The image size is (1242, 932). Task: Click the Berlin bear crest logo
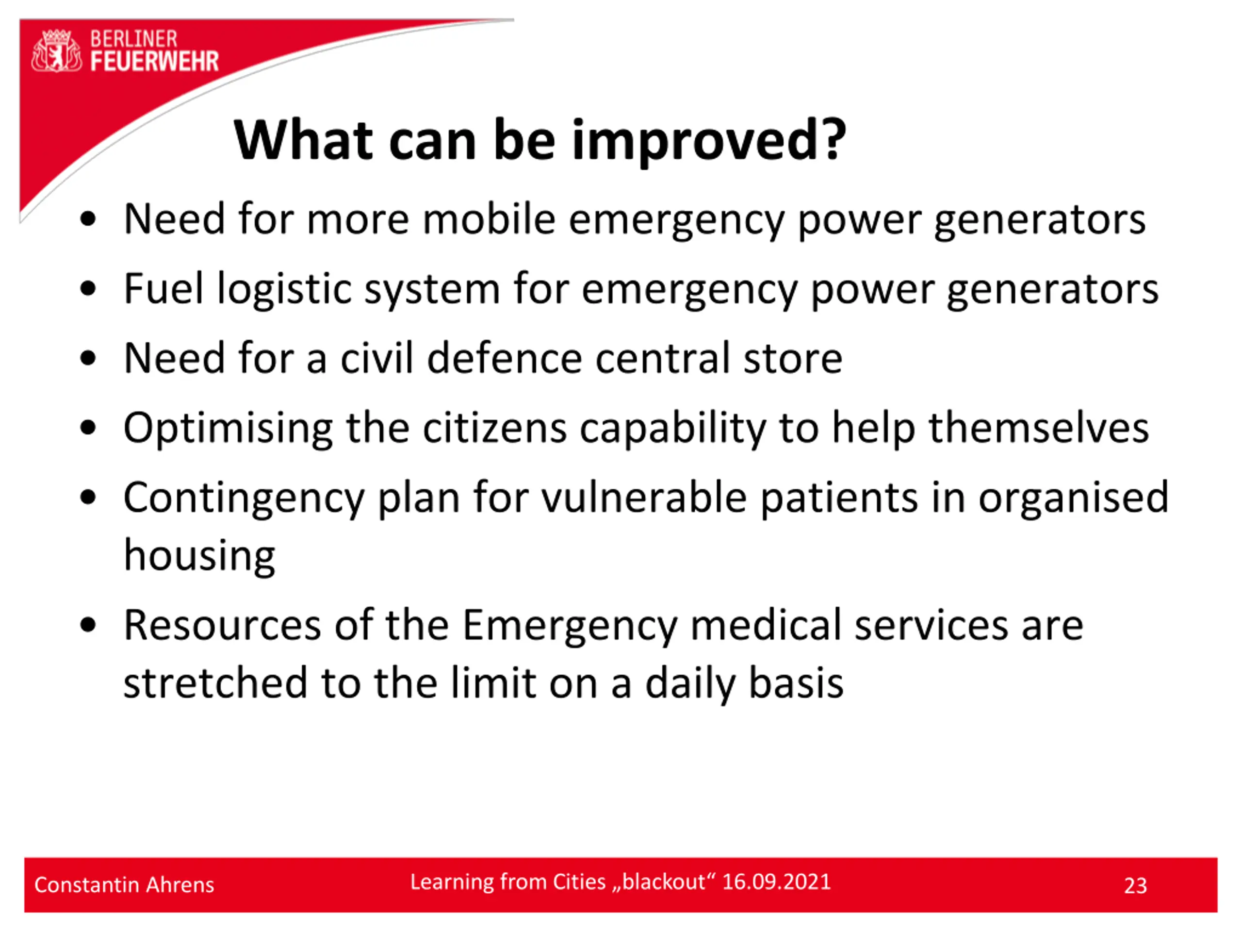pyautogui.click(x=56, y=51)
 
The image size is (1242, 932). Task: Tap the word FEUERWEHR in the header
pyautogui.click(x=154, y=61)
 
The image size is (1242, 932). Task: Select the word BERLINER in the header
pyautogui.click(x=133, y=39)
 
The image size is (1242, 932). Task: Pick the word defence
pyautogui.click(x=504, y=358)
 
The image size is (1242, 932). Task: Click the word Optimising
pyautogui.click(x=228, y=430)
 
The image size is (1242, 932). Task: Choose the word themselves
pyautogui.click(x=1039, y=428)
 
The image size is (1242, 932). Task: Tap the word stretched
pyautogui.click(x=215, y=683)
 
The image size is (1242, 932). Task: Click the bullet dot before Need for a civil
pyautogui.click(x=88, y=358)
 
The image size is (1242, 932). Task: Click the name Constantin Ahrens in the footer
pyautogui.click(x=124, y=885)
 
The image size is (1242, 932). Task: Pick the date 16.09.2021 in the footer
pyautogui.click(x=777, y=882)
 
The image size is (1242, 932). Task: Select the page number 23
pyautogui.click(x=1135, y=886)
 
